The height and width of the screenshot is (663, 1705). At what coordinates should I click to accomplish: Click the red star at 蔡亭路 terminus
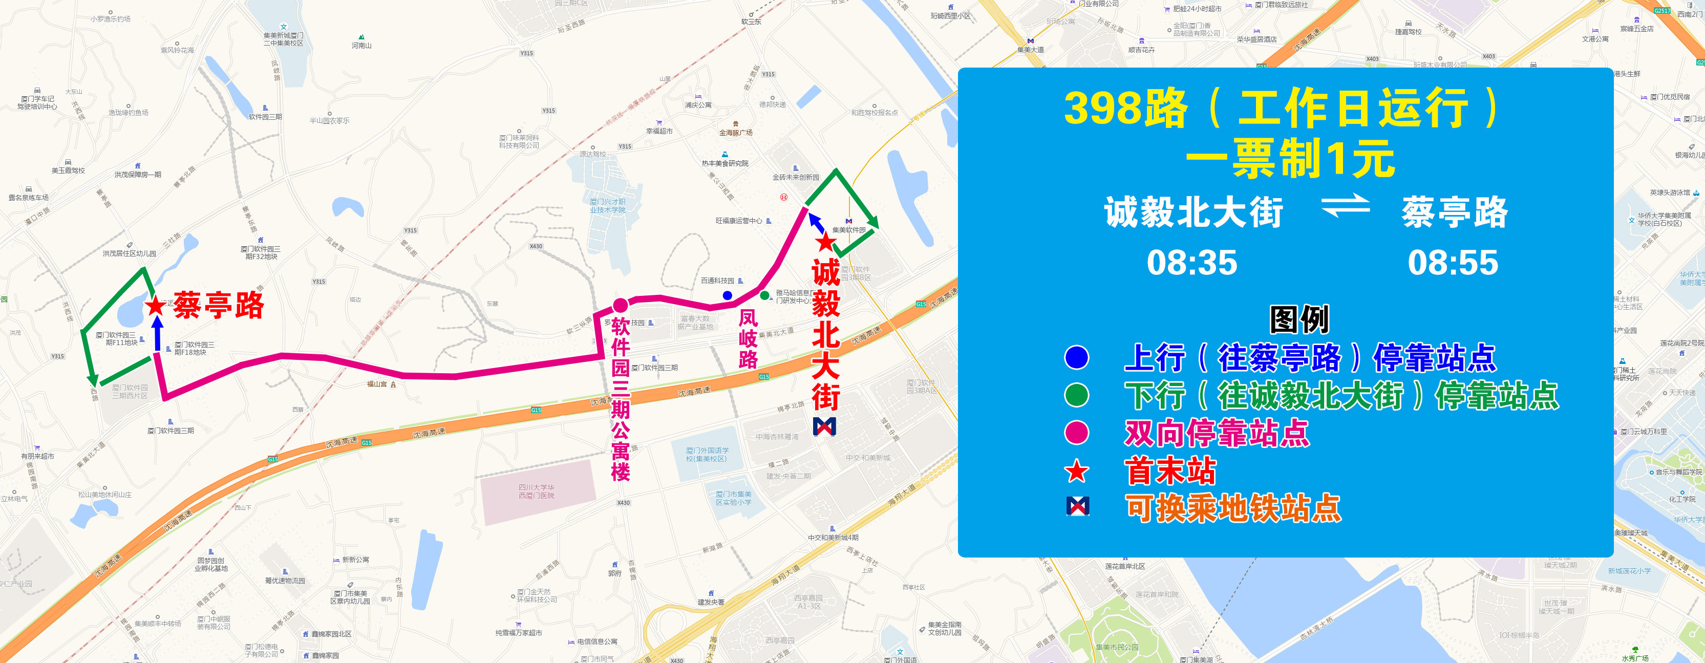156,306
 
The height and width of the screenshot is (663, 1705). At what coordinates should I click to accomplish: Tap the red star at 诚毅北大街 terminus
825,242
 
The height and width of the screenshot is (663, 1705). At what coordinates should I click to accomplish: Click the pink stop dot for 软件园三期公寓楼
620,305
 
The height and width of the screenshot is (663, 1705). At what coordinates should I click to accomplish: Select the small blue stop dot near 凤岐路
728,295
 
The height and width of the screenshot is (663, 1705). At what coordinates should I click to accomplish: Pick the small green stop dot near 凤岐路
764,295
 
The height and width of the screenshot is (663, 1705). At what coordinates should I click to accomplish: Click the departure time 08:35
1191,263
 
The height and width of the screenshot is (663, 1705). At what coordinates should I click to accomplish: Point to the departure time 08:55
1452,263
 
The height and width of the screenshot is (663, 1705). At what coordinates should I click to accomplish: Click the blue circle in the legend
1077,357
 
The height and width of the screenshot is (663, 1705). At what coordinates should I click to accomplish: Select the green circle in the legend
1077,395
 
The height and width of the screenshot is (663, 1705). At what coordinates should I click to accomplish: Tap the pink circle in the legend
1077,433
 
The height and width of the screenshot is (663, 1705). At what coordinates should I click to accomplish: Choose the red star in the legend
1077,471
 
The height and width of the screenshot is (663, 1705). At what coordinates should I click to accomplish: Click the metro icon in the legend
1078,507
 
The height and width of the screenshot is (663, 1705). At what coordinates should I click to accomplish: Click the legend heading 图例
1298,319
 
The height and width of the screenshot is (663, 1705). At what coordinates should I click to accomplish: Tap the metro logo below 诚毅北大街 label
824,427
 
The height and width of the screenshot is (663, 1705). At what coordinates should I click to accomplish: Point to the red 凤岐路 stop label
748,339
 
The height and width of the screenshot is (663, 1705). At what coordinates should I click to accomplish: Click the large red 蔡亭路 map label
219,306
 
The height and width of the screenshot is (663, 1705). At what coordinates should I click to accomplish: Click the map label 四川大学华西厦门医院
536,491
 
